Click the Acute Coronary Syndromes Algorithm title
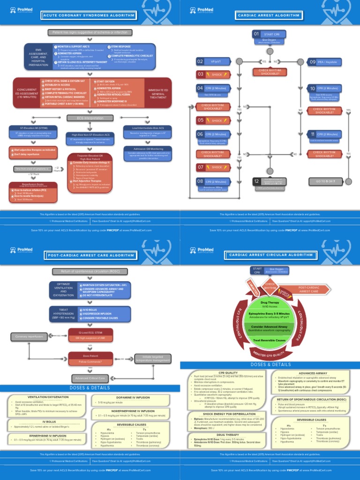pos(90,15)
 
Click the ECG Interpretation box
pos(90,118)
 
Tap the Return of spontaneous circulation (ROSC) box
pos(90,271)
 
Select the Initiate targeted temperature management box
pos(153,359)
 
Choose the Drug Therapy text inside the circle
pos(270,303)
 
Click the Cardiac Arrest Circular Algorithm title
pos(270,255)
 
